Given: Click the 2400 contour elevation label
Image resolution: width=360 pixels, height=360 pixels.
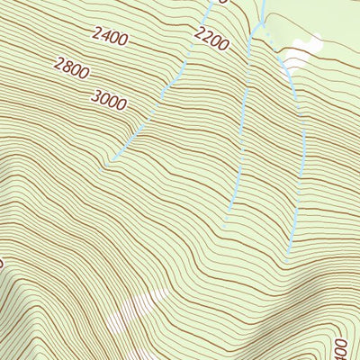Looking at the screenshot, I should point(109,38).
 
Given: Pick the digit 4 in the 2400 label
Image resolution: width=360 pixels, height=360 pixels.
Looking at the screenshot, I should point(104,36).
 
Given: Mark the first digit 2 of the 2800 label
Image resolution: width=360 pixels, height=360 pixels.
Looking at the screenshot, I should point(58,61).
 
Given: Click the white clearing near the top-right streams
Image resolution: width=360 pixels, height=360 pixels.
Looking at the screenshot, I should point(303,50).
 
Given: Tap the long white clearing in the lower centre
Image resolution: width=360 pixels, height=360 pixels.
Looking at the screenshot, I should point(135,310).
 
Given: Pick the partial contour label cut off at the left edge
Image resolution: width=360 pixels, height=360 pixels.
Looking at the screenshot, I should point(3,263).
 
